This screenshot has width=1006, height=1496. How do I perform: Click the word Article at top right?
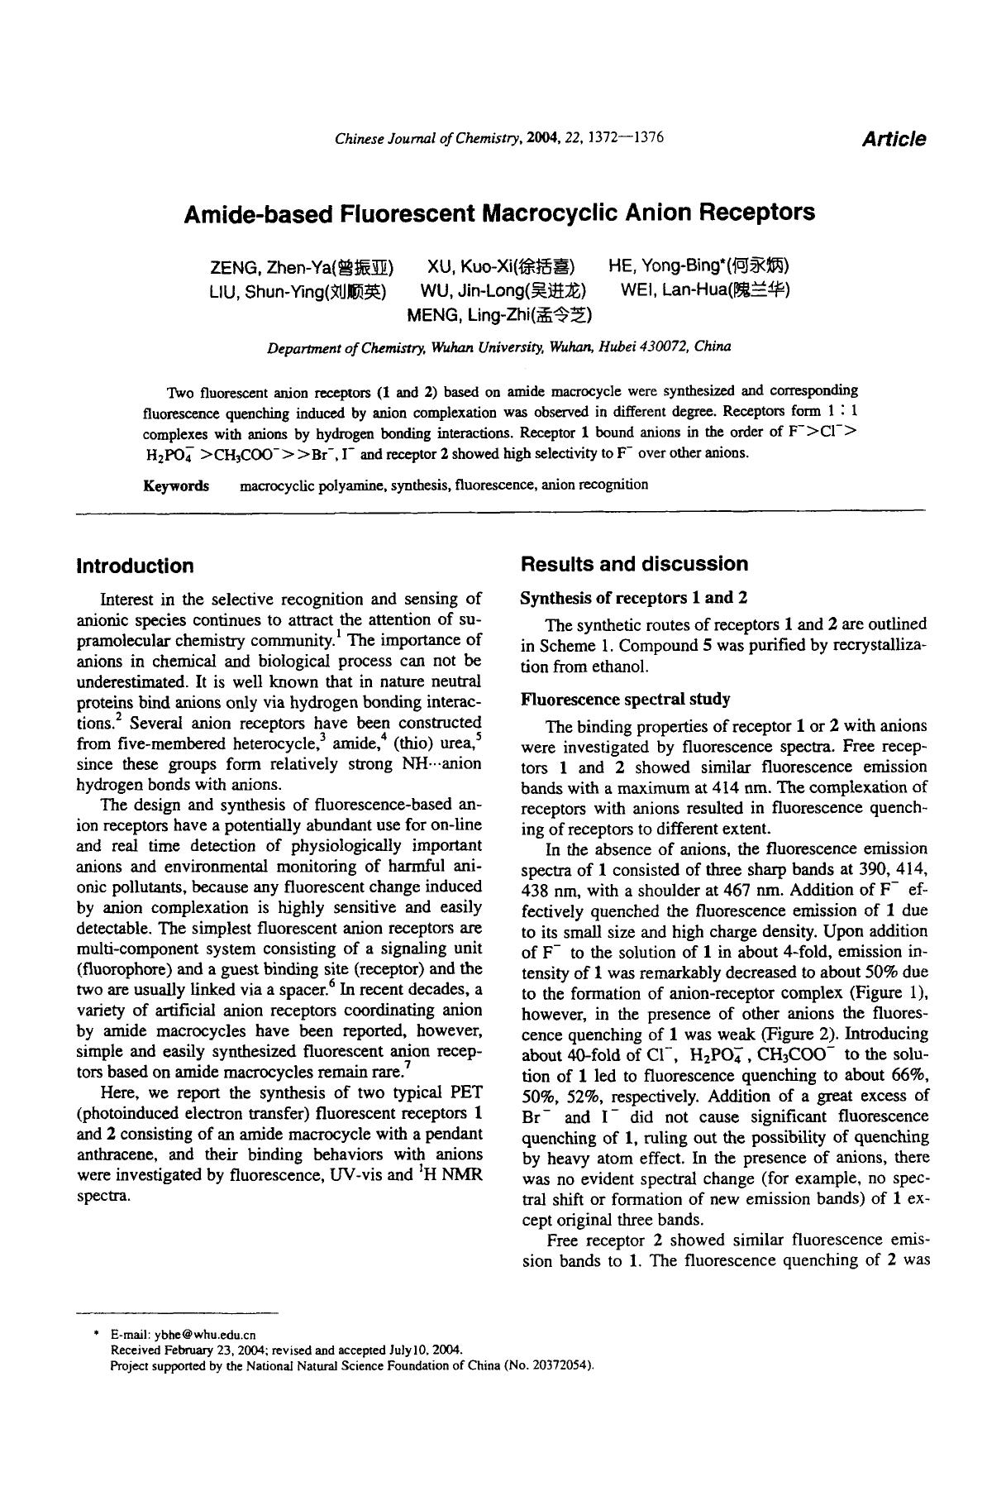894,139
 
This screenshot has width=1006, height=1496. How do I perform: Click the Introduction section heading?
135,566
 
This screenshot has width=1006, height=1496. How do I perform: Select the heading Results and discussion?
634,564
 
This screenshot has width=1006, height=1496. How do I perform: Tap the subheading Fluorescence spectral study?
625,700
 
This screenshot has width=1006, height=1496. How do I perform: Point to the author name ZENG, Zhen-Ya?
301,267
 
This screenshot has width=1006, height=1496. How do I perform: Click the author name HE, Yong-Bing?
698,265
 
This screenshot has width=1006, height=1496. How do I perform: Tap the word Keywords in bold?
176,485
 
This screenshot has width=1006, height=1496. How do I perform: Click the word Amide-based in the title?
256,213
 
